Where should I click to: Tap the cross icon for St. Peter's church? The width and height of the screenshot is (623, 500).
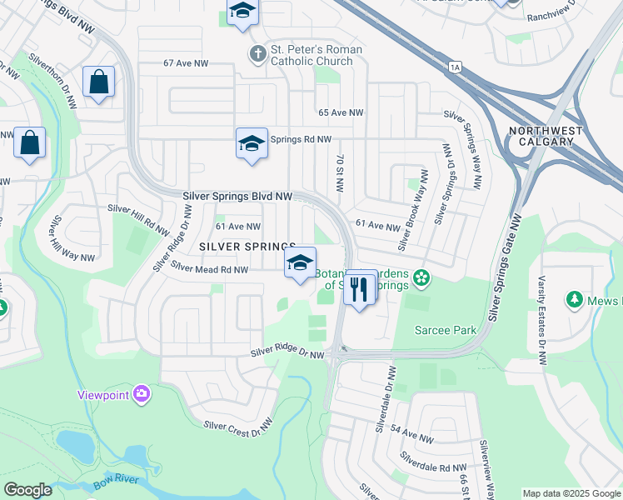(257, 54)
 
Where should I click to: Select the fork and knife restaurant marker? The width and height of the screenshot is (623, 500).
(360, 289)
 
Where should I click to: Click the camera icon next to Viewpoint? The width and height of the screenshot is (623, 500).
(142, 392)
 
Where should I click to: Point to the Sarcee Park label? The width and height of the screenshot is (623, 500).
(446, 330)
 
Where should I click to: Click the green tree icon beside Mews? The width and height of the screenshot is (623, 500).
(573, 298)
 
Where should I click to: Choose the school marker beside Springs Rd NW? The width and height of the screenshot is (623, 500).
(252, 144)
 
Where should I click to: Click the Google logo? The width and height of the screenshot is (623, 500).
(27, 490)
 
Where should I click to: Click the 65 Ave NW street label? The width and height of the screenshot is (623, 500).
(341, 112)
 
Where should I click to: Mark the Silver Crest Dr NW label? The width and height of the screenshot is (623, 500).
(238, 425)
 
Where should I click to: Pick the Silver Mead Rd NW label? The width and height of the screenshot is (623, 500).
(210, 268)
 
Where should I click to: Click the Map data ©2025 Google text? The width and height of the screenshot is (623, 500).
(571, 493)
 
